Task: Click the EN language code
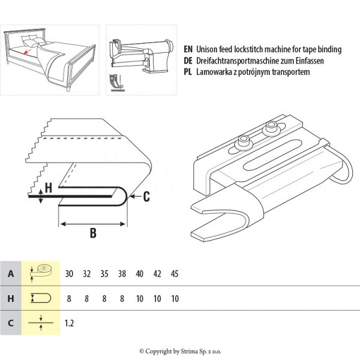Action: [x=188, y=49]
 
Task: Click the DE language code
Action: [x=188, y=61]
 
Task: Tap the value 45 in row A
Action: [x=175, y=274]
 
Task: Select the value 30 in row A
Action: [x=70, y=274]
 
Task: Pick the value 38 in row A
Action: [x=122, y=274]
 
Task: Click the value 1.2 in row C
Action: [x=70, y=323]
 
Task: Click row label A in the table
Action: [x=10, y=274]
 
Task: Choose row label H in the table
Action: [x=10, y=298]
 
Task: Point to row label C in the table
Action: [x=10, y=323]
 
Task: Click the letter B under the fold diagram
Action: [x=93, y=233]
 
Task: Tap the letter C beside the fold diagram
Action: [x=146, y=196]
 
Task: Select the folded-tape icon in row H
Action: [x=41, y=298]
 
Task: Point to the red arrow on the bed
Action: [x=26, y=52]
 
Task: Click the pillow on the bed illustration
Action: [x=28, y=40]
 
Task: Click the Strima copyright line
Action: [x=180, y=351]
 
